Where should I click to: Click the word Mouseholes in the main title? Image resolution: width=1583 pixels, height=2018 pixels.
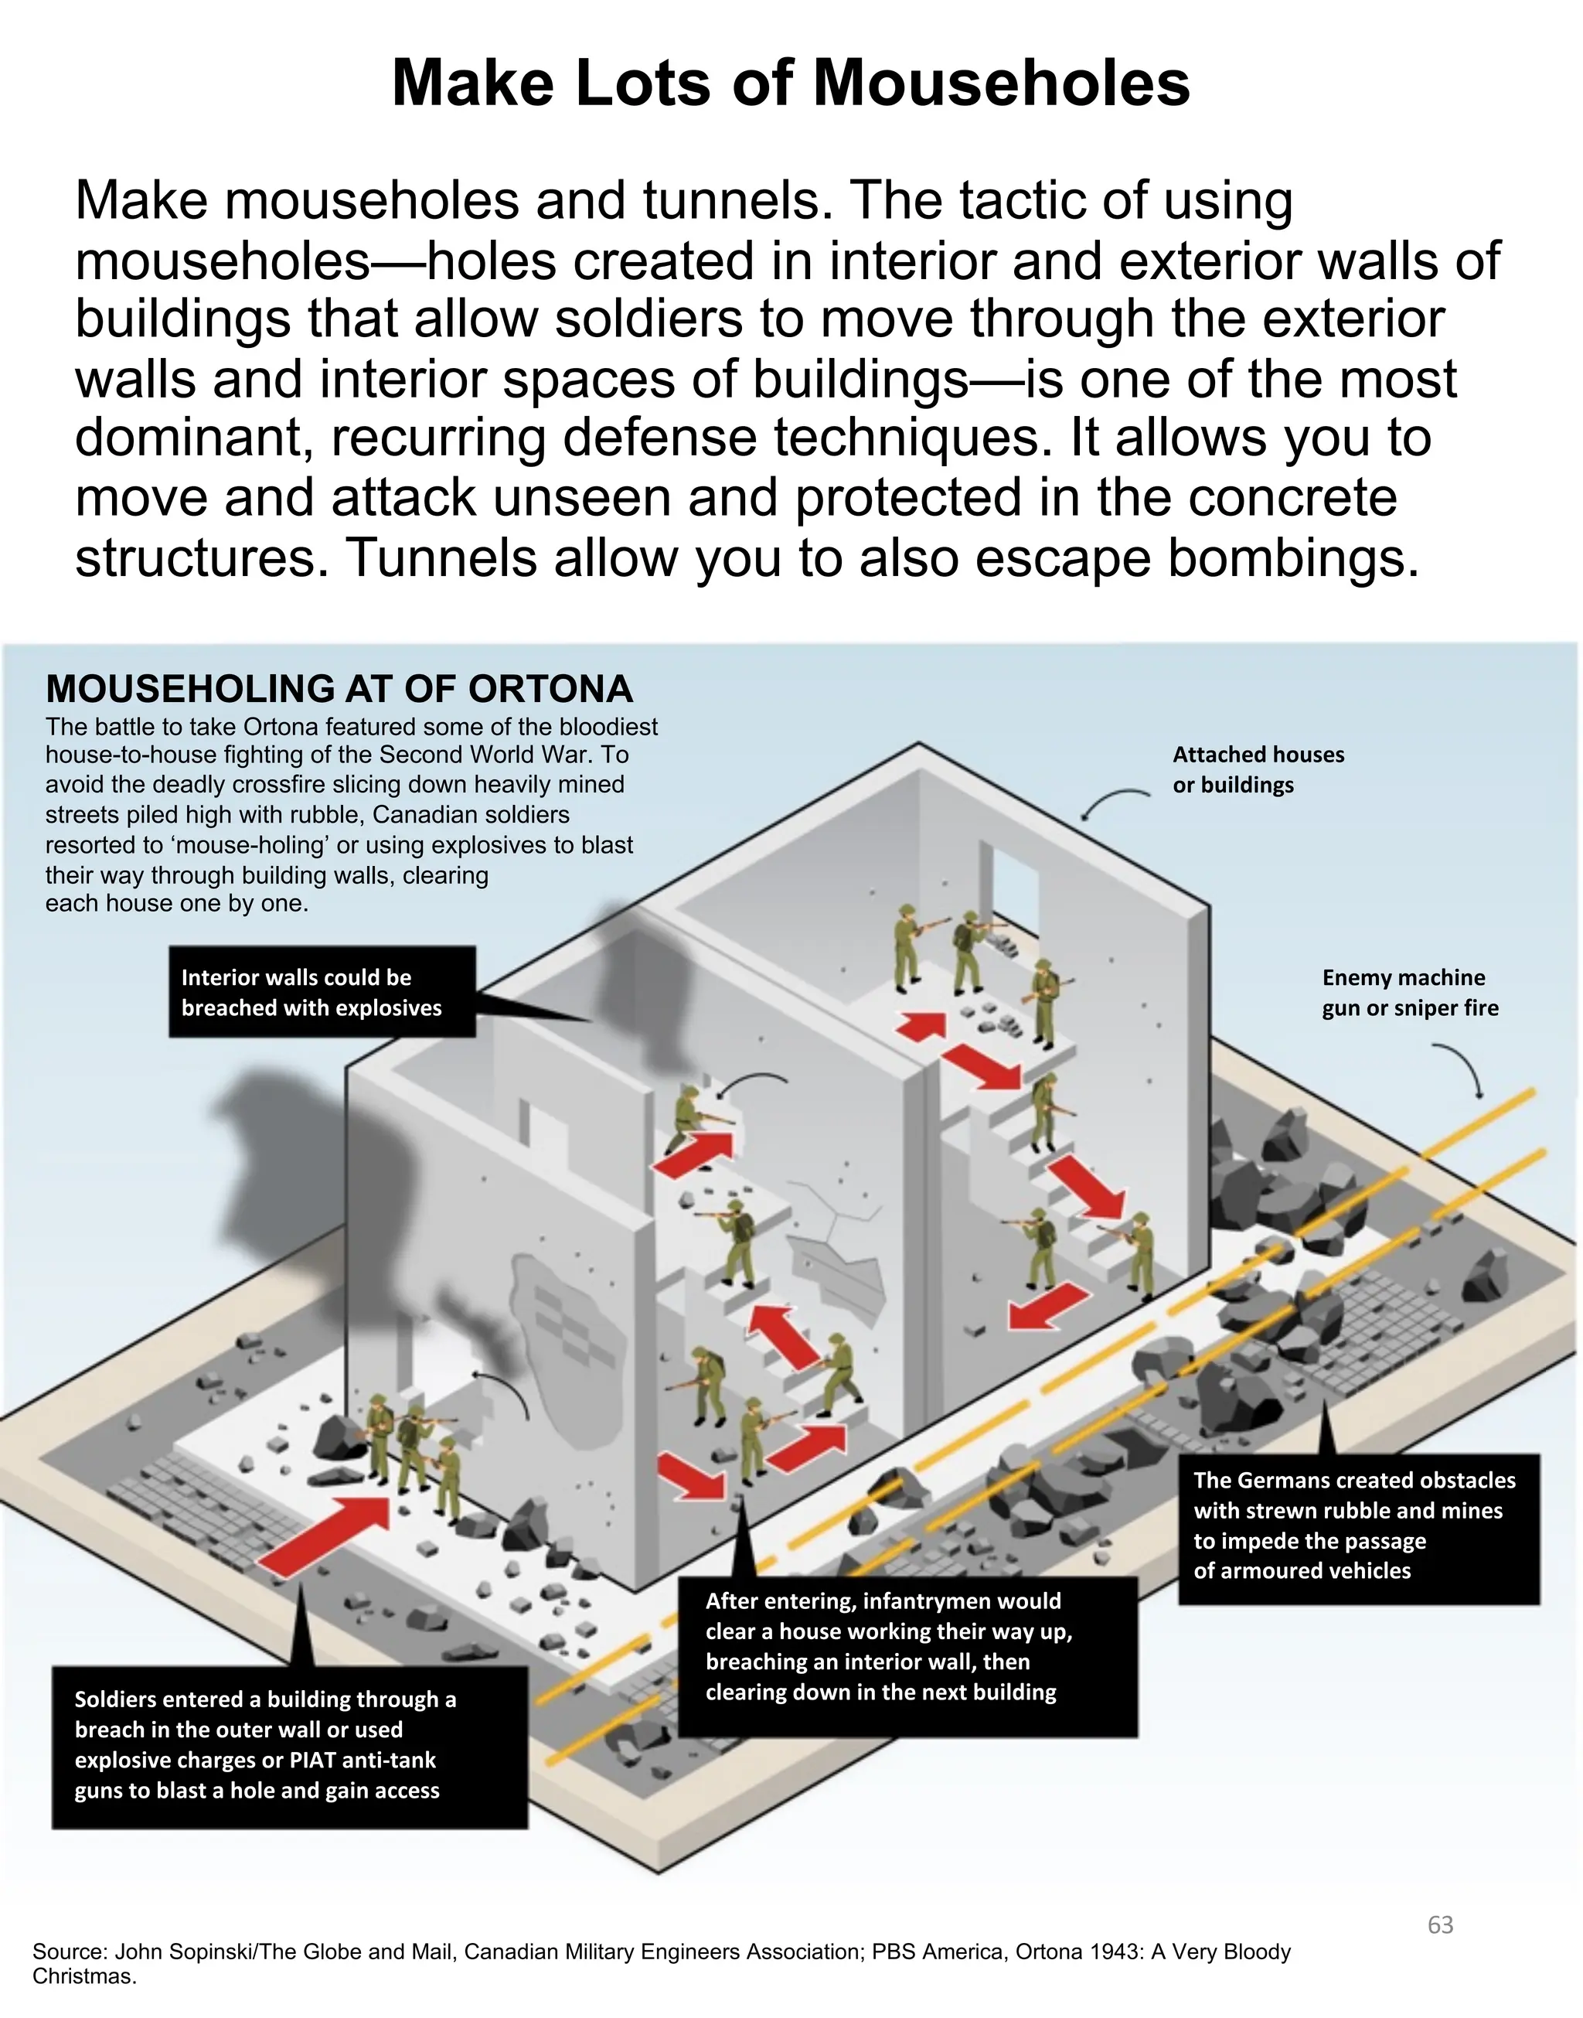coord(1001,84)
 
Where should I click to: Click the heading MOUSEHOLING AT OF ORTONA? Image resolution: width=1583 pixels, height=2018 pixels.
coord(339,689)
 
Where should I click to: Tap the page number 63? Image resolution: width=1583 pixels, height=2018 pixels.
coord(1440,1925)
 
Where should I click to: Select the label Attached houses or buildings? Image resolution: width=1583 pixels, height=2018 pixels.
coord(1258,769)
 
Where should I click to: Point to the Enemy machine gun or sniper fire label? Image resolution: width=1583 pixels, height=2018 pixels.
coord(1409,992)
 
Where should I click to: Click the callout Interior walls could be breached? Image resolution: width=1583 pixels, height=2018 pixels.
coord(322,992)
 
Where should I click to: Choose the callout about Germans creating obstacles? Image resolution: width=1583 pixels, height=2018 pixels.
coord(1358,1525)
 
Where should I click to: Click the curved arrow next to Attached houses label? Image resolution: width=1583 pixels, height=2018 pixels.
coord(1112,803)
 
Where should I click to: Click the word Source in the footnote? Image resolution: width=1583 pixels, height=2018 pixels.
coord(68,1952)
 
